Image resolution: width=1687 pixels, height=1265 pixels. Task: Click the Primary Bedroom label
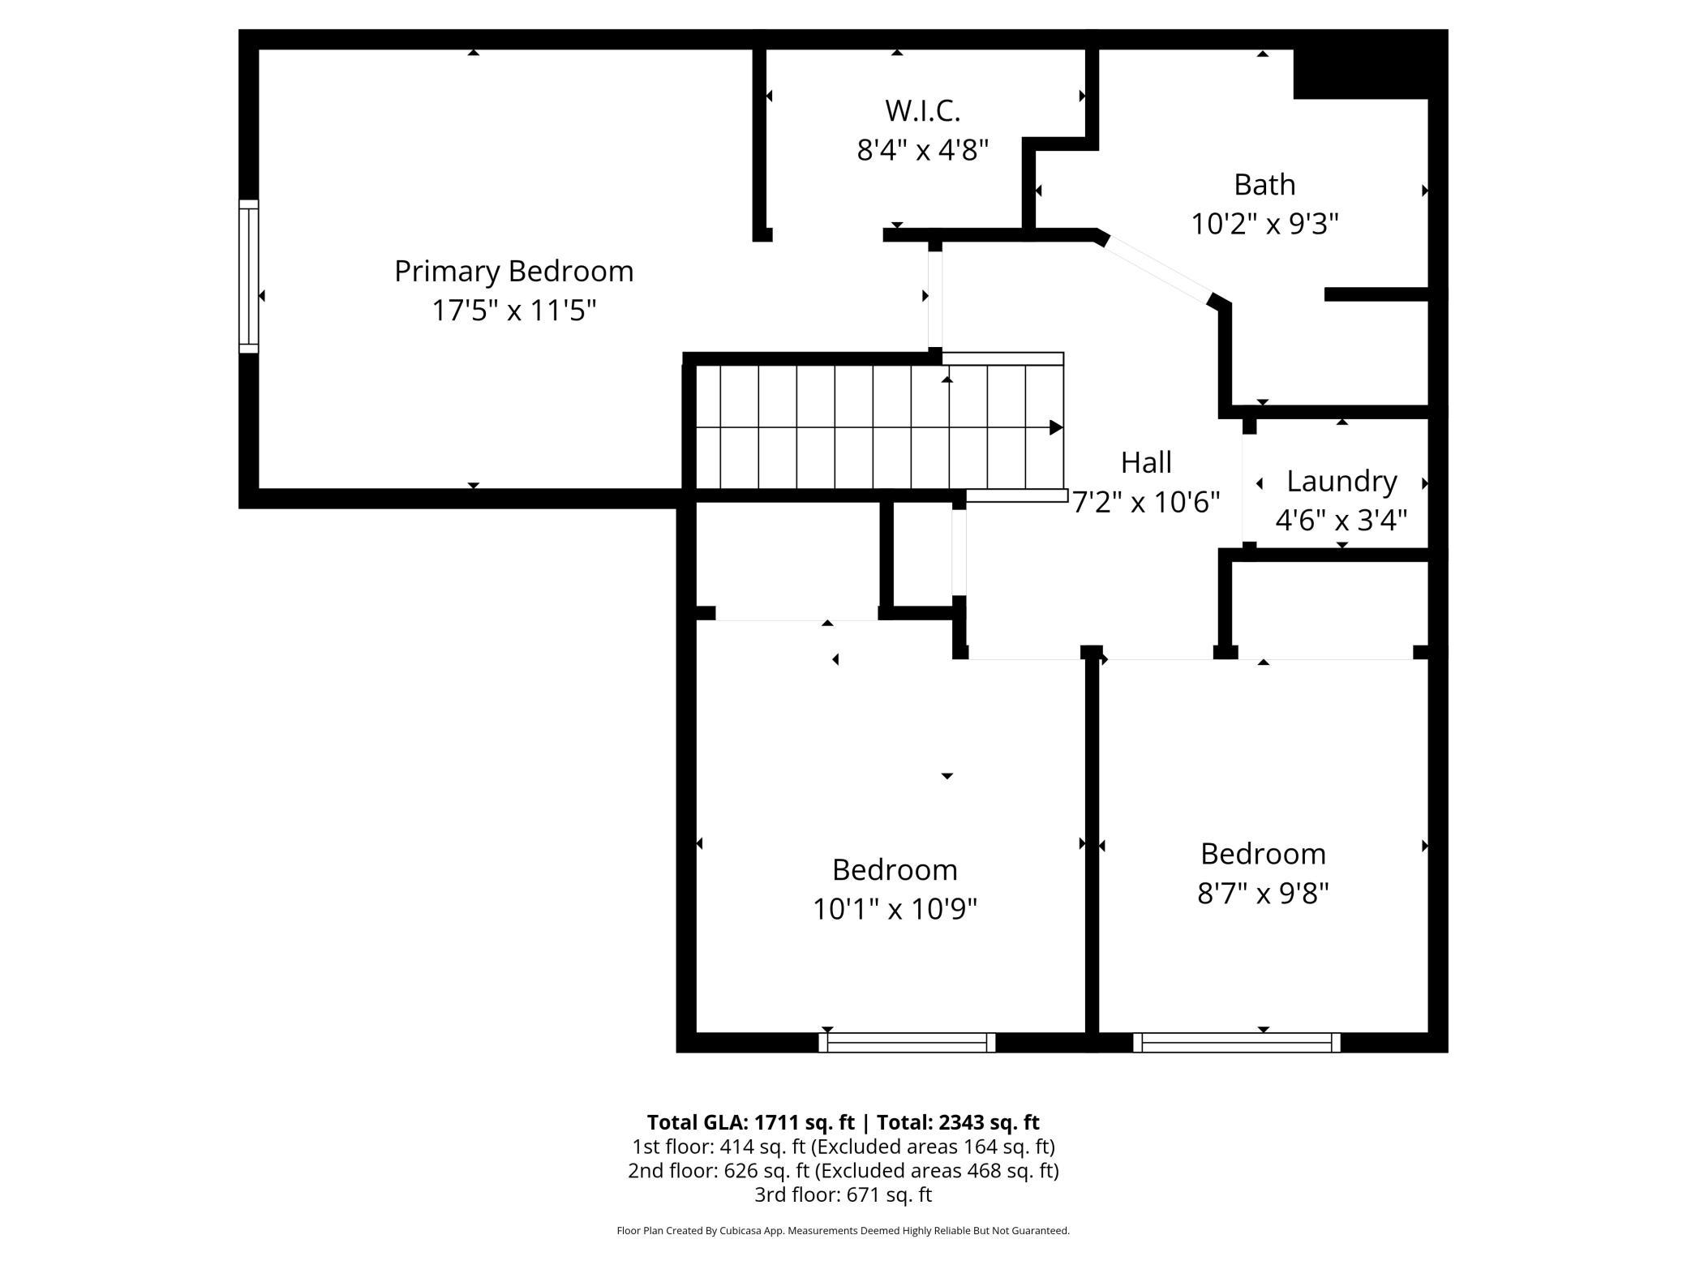pos(513,272)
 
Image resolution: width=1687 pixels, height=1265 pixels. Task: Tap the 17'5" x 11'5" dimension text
pos(513,310)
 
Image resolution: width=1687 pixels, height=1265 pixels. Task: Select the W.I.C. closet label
pos(923,110)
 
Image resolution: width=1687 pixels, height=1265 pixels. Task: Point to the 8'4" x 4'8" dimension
pos(923,149)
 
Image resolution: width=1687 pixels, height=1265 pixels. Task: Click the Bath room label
pos(1264,185)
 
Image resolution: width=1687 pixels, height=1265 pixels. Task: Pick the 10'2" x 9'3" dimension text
pos(1264,223)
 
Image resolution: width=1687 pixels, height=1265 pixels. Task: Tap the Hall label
pos(1146,462)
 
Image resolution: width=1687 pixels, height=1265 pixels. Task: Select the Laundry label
pos(1341,482)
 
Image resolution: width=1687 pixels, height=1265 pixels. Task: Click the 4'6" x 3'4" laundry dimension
pos(1341,519)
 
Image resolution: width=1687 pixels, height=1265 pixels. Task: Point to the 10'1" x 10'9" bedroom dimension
pos(895,908)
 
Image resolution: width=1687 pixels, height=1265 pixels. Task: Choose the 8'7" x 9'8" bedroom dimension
pos(1263,893)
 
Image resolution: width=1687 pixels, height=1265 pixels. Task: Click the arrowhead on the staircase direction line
pos(1056,427)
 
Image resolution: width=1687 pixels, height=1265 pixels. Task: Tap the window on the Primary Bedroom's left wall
pos(248,277)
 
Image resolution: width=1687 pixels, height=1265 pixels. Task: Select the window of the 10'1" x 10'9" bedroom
pos(907,1042)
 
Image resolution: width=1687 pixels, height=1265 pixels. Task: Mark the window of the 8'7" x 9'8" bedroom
pos(1236,1042)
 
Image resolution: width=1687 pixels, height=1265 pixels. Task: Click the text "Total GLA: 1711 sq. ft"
pos(750,1122)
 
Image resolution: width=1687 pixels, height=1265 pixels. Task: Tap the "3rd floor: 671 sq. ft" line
pos(843,1194)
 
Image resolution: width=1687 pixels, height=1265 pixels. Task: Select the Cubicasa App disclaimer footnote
pos(843,1231)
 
